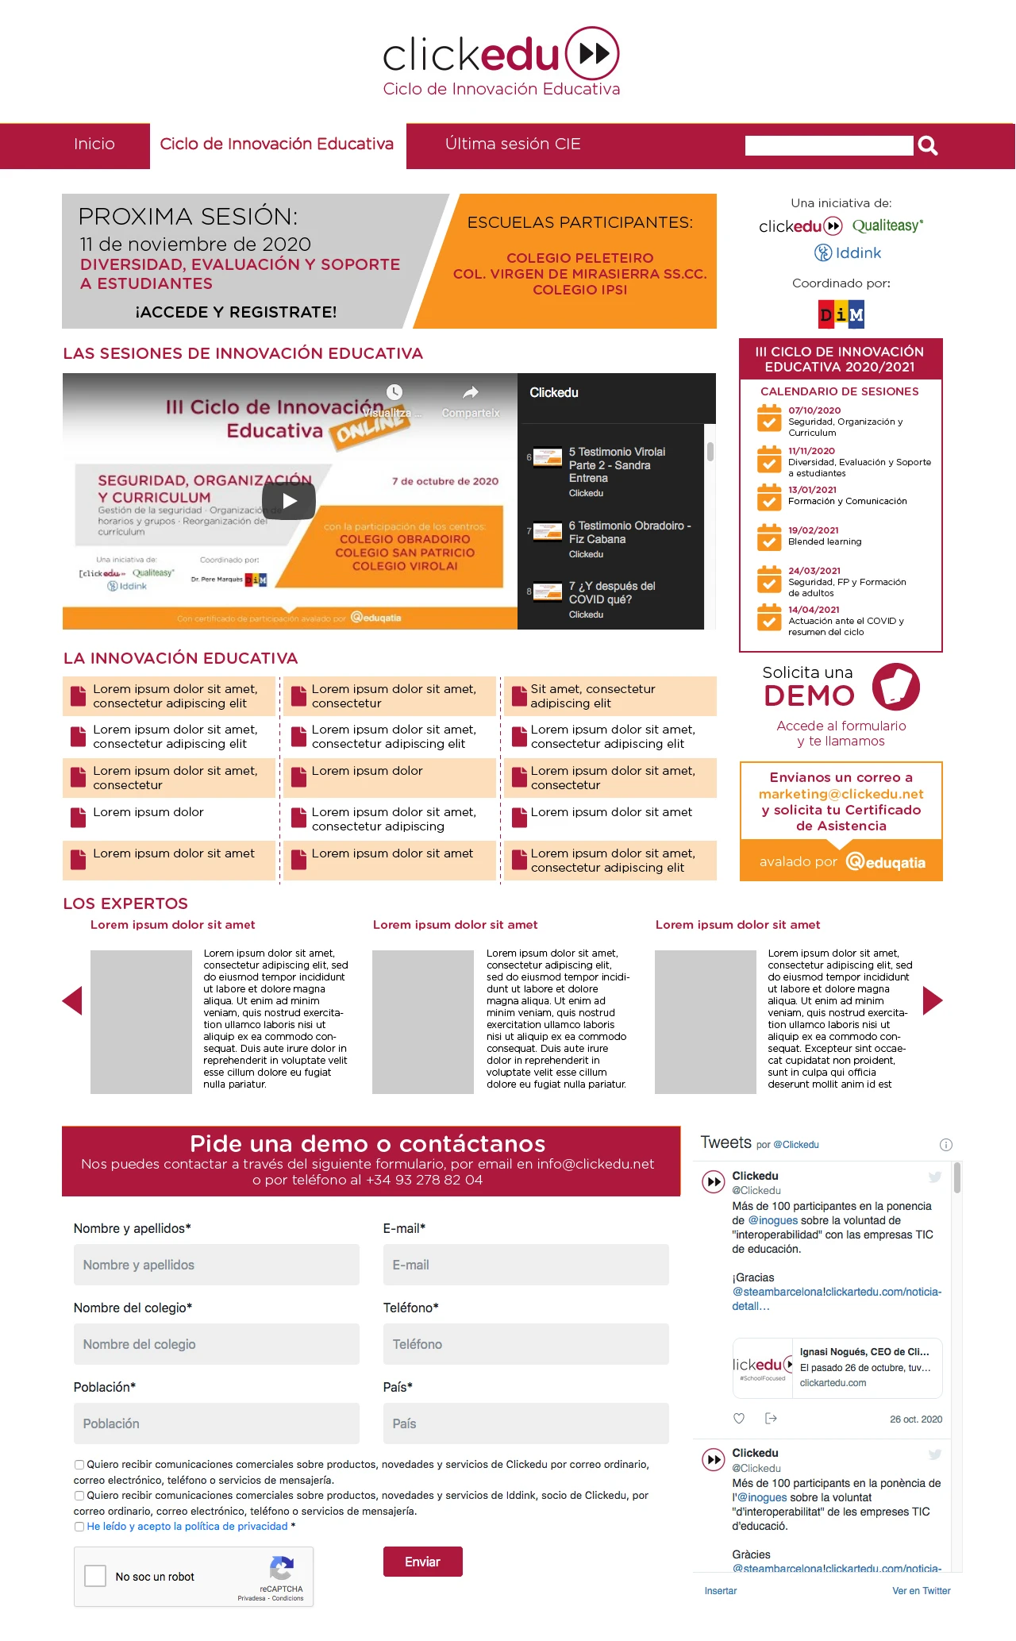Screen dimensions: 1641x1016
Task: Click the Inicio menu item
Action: pos(94,144)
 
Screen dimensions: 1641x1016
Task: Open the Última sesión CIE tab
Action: pos(513,144)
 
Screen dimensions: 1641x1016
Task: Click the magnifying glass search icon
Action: pos(928,146)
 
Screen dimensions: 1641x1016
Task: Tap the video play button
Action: pos(290,501)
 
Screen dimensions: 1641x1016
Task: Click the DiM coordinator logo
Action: pos(841,314)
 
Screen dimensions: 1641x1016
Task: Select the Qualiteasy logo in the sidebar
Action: pos(887,226)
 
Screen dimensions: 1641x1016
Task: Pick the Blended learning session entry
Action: pos(824,542)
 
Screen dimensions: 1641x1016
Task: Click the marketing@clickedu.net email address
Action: pos(841,794)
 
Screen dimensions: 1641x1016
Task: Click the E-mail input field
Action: pos(525,1265)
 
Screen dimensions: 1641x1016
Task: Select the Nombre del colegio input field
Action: pos(216,1344)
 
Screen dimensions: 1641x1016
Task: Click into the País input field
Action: pos(525,1423)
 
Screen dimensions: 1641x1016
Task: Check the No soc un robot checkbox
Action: pos(95,1576)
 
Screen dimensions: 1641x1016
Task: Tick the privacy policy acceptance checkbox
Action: pos(79,1527)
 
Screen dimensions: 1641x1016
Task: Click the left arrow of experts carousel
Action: pos(72,1000)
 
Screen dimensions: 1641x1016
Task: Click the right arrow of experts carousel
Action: pos(933,1000)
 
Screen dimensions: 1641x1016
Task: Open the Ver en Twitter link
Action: pos(921,1591)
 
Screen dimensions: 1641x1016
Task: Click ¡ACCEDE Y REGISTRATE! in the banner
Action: pos(236,312)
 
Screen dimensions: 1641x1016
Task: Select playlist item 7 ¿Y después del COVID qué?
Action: pos(611,593)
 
